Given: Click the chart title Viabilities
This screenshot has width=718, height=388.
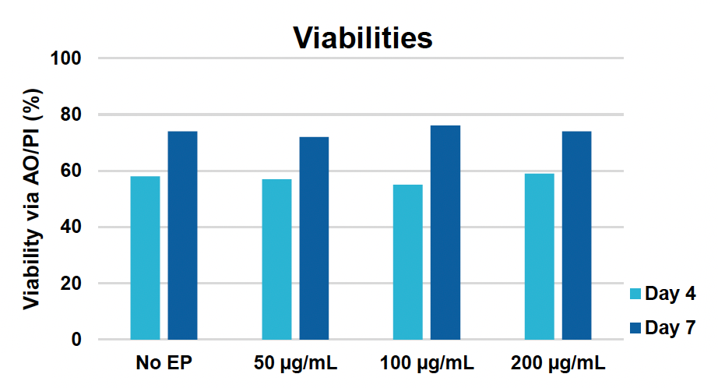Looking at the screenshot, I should (362, 37).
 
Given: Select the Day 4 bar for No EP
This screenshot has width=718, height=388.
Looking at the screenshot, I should (145, 258).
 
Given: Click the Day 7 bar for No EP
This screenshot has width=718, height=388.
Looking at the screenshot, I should (182, 235).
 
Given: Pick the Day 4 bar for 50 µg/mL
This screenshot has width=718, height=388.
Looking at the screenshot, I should (276, 259).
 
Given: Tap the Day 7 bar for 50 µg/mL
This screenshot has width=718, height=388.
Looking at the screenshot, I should (314, 238).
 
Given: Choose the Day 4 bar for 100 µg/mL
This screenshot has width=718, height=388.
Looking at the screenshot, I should (408, 262).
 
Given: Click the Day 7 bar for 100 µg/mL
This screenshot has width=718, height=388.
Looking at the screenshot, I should (445, 233).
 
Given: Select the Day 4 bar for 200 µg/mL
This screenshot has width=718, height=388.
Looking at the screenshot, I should (540, 256).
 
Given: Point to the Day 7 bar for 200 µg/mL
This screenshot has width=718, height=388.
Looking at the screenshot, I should (577, 235).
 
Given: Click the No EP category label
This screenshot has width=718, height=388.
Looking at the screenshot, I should (164, 363).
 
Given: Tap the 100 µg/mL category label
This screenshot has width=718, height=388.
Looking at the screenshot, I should (427, 363).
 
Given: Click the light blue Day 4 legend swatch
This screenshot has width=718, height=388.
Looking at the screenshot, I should (635, 295).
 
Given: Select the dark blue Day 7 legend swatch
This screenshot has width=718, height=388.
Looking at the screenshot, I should (635, 328).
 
